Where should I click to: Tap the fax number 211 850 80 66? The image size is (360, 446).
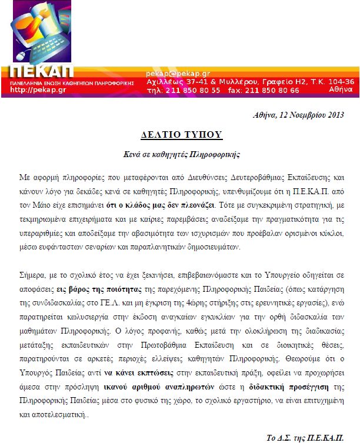pos(271,90)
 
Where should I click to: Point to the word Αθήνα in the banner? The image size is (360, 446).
pos(341,90)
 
